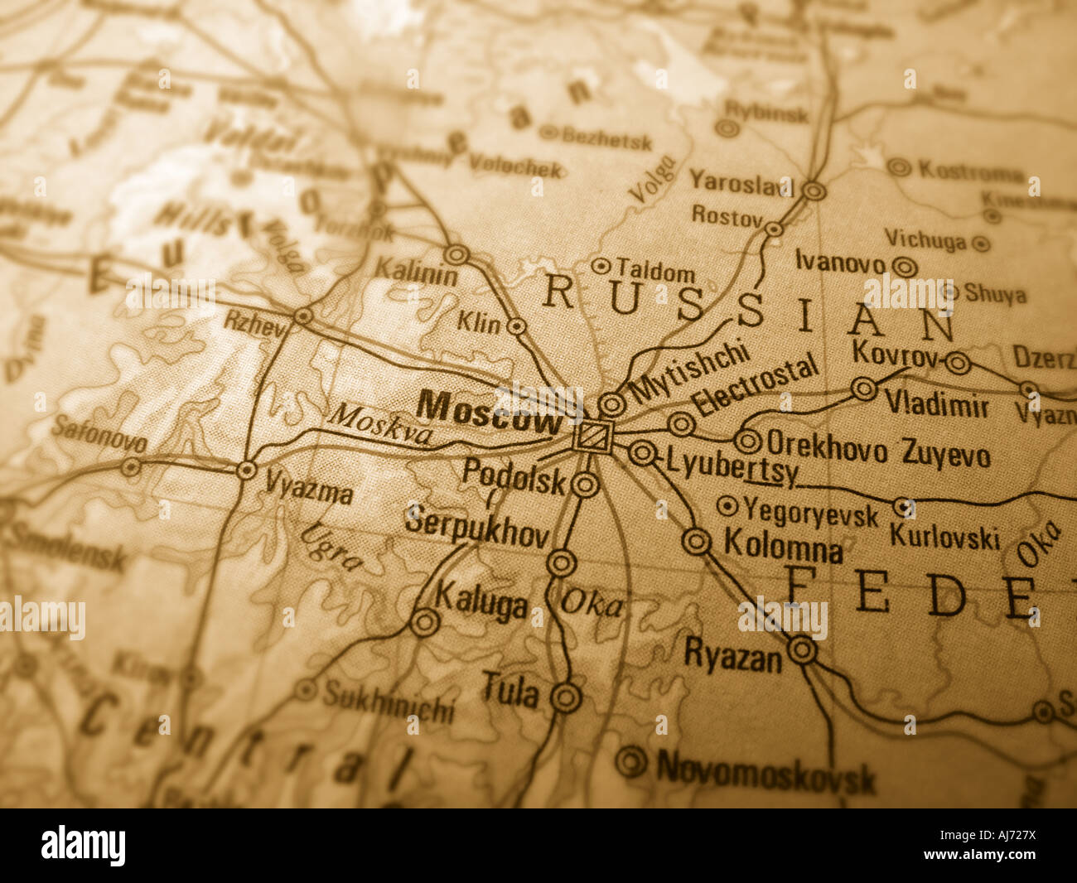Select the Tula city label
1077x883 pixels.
tap(510, 691)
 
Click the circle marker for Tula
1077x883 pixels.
tap(566, 697)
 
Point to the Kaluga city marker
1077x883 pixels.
tap(425, 621)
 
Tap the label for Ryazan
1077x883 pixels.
tap(732, 658)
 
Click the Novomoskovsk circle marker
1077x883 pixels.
tap(631, 761)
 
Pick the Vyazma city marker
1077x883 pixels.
tap(246, 470)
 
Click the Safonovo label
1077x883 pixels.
tap(99, 433)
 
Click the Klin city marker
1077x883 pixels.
tap(516, 326)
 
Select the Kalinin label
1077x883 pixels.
tap(415, 271)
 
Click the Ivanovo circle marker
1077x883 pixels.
tap(905, 267)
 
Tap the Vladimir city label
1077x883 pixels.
tap(936, 405)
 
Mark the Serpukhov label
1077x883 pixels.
tap(476, 528)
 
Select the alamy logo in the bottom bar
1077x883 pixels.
tap(83, 846)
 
